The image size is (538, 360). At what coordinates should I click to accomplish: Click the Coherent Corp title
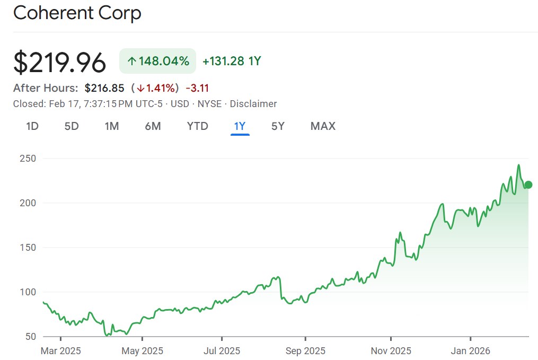tap(77, 13)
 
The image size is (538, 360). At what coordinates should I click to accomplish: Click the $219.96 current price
tap(59, 63)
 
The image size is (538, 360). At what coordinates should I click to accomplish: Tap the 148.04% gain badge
tap(157, 61)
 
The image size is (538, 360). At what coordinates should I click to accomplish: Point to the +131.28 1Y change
tap(232, 61)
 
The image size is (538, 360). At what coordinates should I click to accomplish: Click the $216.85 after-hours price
tap(104, 88)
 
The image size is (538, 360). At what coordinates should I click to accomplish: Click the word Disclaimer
tap(253, 104)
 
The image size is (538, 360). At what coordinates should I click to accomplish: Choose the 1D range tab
tap(32, 126)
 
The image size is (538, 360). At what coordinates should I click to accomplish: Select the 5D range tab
tap(72, 126)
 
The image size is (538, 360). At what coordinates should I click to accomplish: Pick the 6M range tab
tap(153, 126)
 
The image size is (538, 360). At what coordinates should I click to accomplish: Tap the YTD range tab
tap(197, 126)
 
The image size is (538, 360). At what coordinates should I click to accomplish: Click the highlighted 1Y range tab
tap(240, 126)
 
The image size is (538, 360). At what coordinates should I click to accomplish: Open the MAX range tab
tap(323, 126)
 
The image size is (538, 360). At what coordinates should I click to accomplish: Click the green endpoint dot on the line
tap(528, 185)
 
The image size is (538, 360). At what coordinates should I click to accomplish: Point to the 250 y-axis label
tap(28, 159)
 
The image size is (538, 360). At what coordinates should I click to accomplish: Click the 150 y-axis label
tap(28, 248)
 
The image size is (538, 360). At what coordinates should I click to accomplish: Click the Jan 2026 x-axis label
tap(470, 350)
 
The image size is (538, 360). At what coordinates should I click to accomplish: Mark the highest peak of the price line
tap(518, 165)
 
